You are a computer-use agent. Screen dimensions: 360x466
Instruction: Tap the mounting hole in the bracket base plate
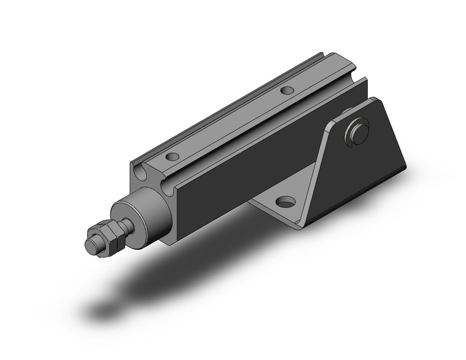(x=285, y=202)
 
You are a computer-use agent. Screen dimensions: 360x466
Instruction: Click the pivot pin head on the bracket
(x=359, y=129)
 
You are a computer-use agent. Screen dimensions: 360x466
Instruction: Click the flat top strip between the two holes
(x=228, y=124)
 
